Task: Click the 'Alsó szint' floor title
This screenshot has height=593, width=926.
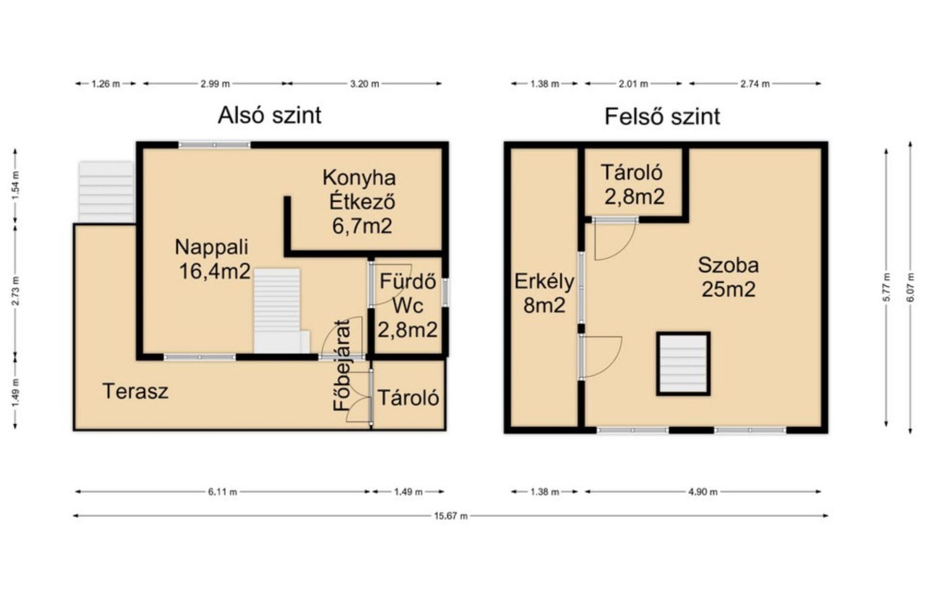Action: (269, 115)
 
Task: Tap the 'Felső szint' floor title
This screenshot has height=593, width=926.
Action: (662, 116)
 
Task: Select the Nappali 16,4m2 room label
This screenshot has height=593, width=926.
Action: (213, 259)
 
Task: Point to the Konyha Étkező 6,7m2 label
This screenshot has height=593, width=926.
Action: (360, 202)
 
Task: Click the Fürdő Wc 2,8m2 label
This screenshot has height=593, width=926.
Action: (408, 306)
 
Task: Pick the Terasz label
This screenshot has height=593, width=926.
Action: (135, 391)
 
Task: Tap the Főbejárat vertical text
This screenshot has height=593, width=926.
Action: (342, 366)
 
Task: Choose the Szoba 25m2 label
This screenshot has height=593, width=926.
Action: (729, 277)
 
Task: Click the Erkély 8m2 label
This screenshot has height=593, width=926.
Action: (544, 293)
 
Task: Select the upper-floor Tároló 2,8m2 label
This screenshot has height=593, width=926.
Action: (633, 184)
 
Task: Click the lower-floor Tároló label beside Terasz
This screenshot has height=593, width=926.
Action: (408, 398)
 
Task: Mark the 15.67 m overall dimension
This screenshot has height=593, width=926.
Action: (451, 516)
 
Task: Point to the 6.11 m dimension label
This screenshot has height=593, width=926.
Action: (222, 492)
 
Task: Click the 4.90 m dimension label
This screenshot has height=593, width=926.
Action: (703, 492)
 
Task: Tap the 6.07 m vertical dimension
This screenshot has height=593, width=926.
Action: (911, 287)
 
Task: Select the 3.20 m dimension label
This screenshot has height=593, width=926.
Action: (364, 84)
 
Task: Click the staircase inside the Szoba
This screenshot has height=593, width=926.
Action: (683, 364)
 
